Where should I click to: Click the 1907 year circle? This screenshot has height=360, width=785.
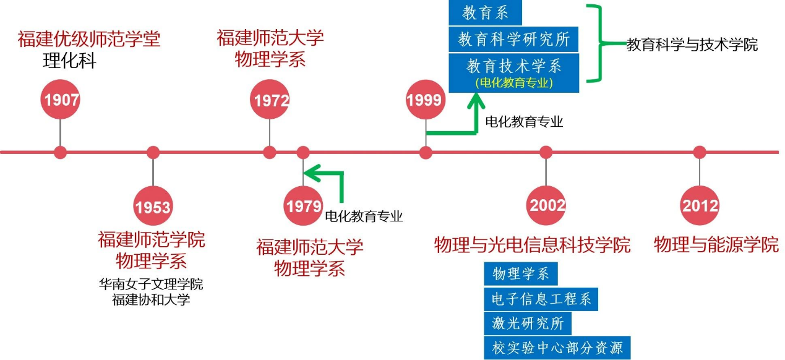click(60, 100)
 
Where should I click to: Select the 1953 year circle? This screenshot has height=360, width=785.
click(153, 206)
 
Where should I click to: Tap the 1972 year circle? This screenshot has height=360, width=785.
click(270, 100)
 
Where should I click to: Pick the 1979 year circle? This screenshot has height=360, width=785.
click(303, 206)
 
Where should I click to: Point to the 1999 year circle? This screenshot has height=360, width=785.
click(425, 100)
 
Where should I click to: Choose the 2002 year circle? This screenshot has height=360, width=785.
click(546, 206)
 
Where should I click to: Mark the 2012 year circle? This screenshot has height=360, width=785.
click(700, 206)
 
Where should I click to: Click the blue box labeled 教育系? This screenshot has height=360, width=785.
click(485, 14)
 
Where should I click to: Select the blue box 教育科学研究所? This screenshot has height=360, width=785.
click(513, 39)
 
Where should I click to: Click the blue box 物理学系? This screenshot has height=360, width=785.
click(520, 273)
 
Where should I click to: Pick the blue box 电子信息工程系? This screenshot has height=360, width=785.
click(541, 299)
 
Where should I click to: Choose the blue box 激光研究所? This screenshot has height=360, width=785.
click(528, 323)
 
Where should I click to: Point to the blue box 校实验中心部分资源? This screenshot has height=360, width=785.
click(557, 347)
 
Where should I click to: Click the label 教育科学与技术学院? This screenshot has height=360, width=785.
click(692, 45)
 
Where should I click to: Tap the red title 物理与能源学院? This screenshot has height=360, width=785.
click(716, 244)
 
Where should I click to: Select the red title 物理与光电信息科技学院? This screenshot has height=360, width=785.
click(532, 244)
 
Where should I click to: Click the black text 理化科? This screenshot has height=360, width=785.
click(69, 61)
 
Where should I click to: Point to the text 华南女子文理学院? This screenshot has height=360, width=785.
click(151, 285)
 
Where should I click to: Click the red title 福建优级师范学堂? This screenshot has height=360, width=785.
click(89, 40)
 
